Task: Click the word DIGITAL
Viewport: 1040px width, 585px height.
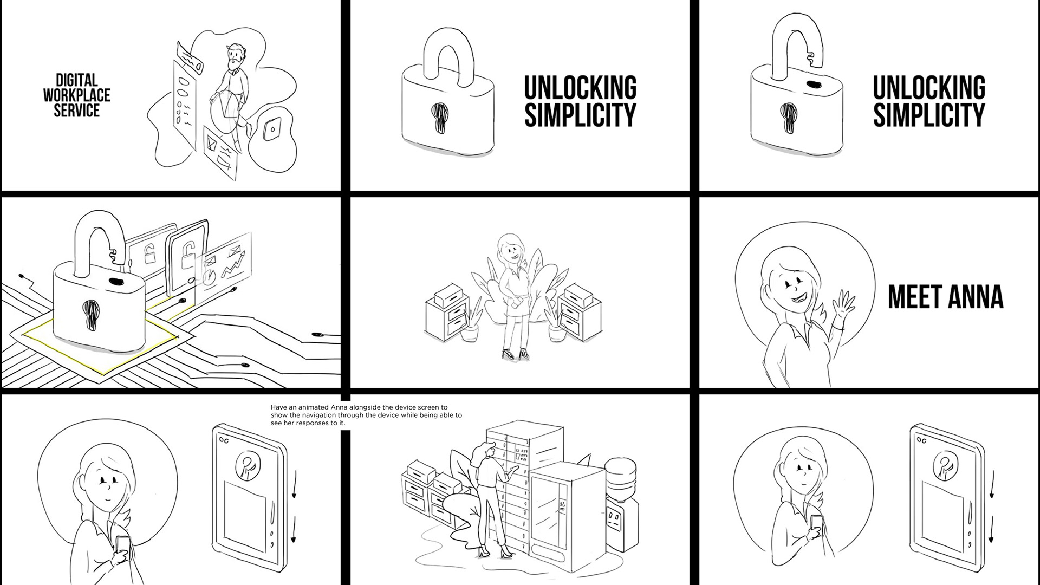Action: pos(77,81)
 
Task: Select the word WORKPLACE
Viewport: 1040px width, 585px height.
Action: pos(77,96)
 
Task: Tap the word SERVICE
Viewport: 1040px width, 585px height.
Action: pos(77,111)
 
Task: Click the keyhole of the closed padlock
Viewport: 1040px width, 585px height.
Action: pos(440,116)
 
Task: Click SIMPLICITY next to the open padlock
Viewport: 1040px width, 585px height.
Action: pos(929,115)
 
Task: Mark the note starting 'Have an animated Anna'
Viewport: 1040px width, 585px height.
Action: pos(366,415)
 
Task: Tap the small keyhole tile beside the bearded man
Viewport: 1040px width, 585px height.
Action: pos(271,128)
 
